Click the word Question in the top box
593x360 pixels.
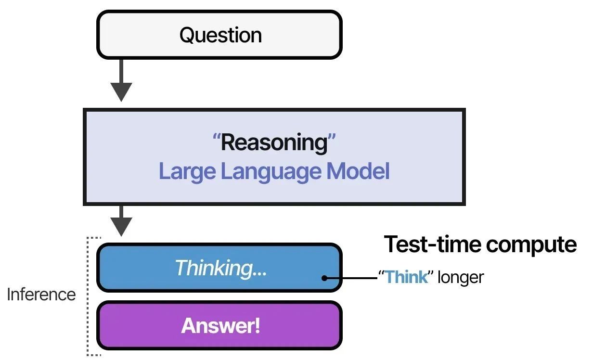(220, 35)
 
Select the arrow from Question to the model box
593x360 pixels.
(121, 80)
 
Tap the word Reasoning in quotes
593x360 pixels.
(274, 143)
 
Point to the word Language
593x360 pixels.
(271, 172)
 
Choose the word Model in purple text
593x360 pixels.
(358, 171)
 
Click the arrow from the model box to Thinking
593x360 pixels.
(121, 221)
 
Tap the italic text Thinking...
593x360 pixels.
(220, 268)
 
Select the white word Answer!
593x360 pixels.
(220, 325)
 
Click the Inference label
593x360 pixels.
(41, 295)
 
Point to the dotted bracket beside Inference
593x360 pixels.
(88, 296)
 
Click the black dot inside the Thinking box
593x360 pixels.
(324, 278)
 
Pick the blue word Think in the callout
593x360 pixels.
(406, 277)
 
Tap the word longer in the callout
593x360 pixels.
(461, 278)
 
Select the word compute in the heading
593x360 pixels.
(531, 246)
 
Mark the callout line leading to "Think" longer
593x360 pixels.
(351, 278)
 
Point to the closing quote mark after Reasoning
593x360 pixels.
(332, 137)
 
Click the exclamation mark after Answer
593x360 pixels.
(257, 325)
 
